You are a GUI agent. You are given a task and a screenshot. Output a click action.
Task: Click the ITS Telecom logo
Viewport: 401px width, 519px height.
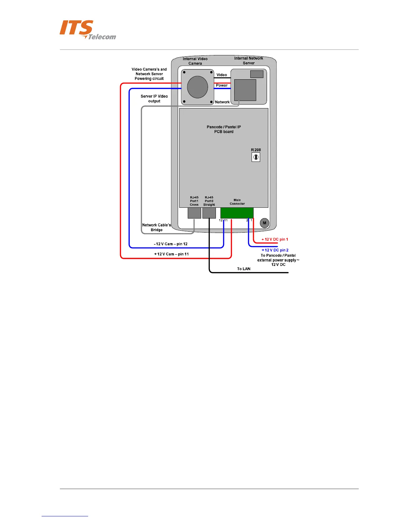87,30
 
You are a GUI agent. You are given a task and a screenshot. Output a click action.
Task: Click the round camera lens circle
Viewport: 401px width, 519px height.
197,87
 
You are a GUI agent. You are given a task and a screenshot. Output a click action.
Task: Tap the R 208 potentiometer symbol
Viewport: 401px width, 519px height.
256,157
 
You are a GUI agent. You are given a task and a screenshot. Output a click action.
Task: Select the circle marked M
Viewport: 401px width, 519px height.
264,223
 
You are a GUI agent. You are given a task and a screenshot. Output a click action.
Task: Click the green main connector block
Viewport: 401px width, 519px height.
237,213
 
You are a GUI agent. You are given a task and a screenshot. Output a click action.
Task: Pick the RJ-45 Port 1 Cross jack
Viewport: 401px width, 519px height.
194,213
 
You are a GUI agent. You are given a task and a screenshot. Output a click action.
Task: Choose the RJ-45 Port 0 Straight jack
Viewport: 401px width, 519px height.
209,213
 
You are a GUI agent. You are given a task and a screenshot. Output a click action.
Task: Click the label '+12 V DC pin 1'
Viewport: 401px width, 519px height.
275,240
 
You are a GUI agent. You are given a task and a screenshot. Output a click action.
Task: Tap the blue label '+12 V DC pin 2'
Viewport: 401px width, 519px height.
275,250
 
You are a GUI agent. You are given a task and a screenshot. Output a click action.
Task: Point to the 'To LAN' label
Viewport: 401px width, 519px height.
244,269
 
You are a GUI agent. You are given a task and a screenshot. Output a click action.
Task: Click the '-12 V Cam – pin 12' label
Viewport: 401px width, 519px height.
171,244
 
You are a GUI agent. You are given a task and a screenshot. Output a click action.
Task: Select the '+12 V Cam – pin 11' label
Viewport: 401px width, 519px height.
171,254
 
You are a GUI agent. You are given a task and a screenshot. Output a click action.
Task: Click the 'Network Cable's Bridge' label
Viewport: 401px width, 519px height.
157,227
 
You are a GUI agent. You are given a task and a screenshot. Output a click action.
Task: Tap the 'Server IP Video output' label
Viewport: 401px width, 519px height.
154,99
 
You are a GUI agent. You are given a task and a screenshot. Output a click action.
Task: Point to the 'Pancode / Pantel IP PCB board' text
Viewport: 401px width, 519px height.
224,129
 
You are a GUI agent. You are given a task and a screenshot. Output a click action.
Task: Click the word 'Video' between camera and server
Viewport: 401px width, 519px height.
222,75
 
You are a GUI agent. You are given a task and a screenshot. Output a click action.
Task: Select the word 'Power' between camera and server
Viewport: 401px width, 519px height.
222,86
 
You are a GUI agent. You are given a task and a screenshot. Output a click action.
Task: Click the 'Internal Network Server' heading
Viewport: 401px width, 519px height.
249,61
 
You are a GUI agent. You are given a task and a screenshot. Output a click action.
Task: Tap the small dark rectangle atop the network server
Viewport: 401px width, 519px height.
257,74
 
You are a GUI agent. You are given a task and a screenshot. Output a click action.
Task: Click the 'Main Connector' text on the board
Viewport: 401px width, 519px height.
237,202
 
